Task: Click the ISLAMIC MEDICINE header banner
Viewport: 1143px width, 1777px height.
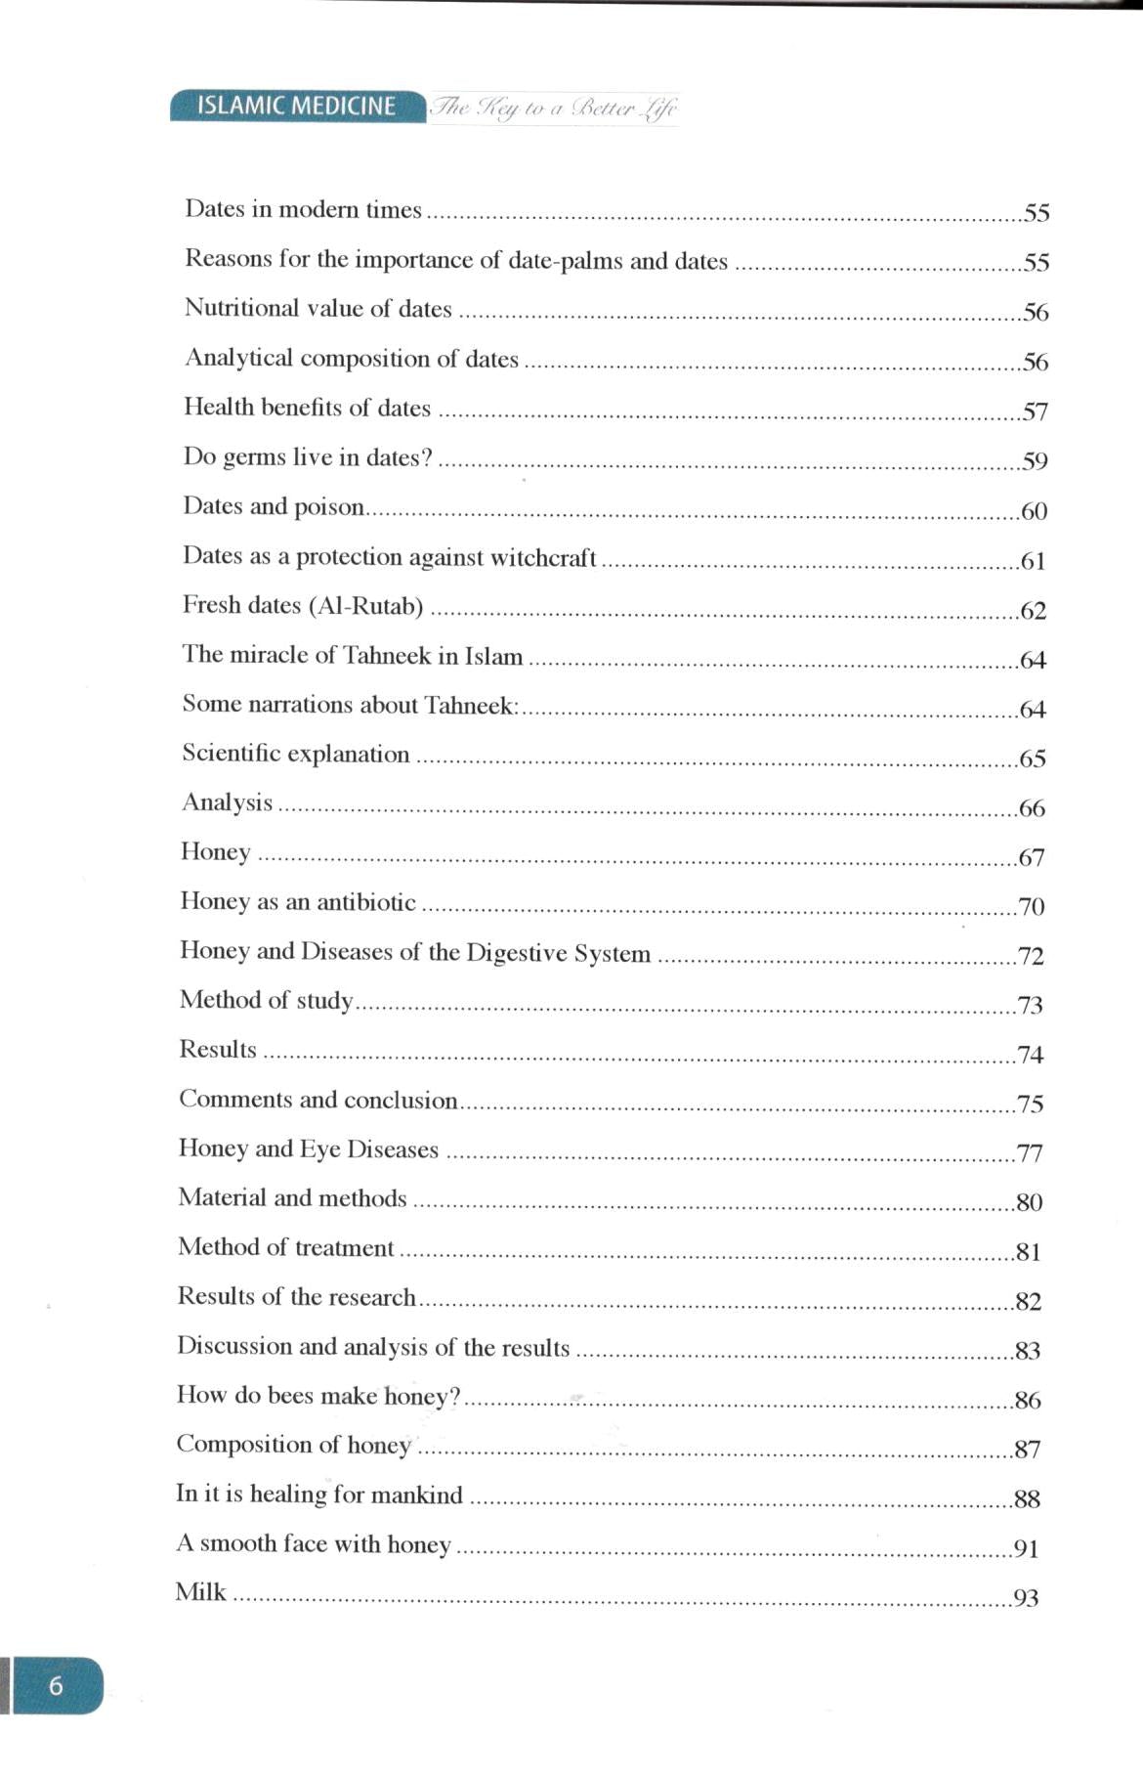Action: [x=297, y=106]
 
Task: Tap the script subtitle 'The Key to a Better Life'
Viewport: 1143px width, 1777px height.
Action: [x=553, y=108]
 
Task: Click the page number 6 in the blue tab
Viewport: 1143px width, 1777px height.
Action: [x=56, y=1685]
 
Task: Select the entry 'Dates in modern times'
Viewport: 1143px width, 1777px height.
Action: [x=303, y=209]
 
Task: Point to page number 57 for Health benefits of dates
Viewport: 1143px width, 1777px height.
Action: [x=1035, y=412]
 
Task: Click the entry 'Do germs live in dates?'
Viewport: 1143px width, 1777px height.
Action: [x=308, y=456]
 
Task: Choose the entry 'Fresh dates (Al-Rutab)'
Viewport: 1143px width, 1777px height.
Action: [x=303, y=606]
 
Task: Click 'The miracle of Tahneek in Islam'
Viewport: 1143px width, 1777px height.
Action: [x=353, y=655]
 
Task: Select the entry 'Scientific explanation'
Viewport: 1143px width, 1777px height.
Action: [x=296, y=754]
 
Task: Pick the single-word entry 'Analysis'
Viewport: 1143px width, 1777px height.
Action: [x=228, y=802]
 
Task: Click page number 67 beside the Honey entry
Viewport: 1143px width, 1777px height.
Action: [x=1032, y=857]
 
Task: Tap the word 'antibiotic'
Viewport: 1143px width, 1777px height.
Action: [x=365, y=901]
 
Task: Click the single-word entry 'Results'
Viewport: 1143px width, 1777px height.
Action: [x=218, y=1049]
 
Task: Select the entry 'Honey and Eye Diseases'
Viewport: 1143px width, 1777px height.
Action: [x=309, y=1149]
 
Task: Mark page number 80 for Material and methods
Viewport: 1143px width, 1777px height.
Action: [x=1030, y=1202]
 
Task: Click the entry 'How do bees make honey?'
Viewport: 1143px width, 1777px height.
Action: [x=318, y=1396]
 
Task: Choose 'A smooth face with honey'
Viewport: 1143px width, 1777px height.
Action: [x=314, y=1543]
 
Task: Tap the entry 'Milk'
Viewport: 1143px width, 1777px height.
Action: [x=201, y=1592]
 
